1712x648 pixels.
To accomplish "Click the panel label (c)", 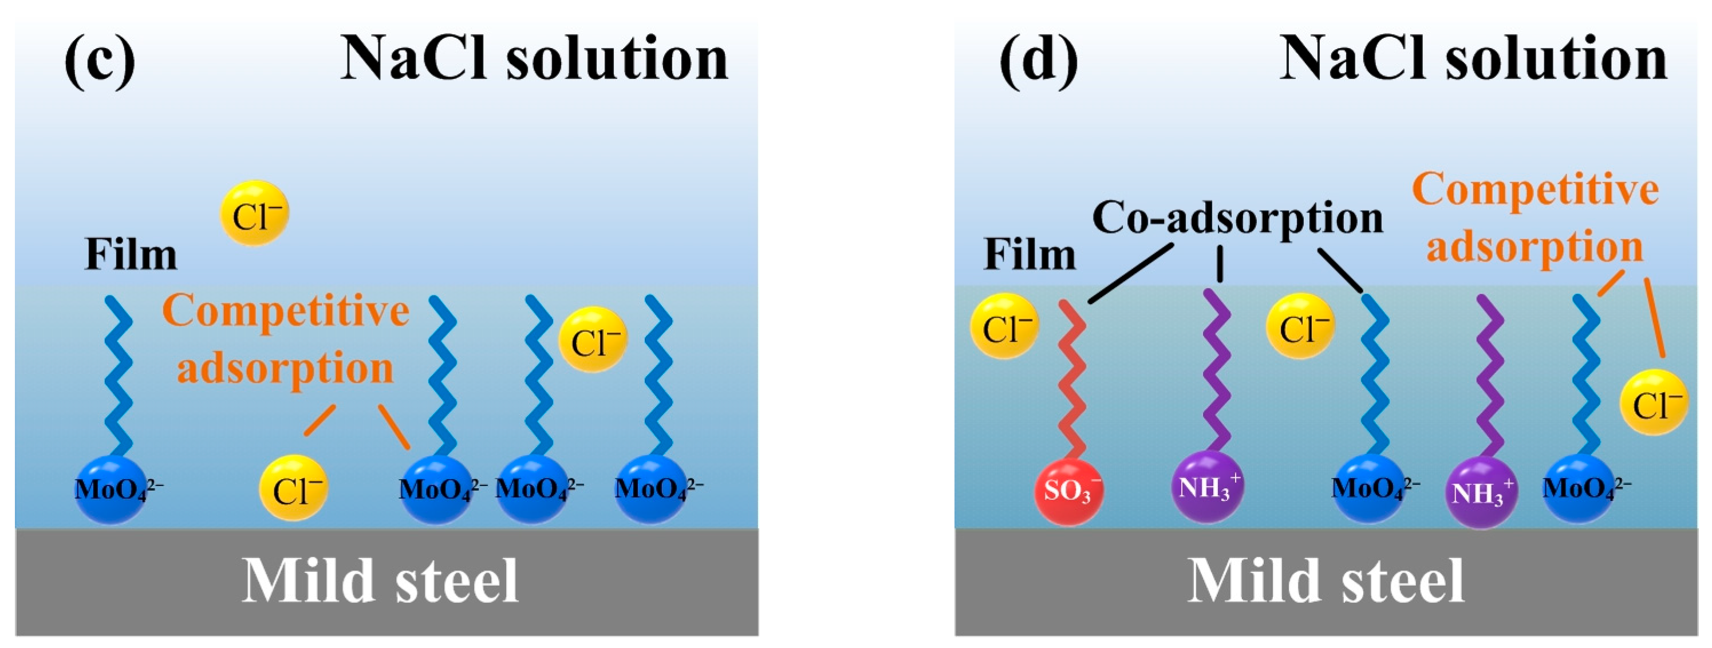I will (100, 61).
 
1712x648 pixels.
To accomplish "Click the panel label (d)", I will (1038, 61).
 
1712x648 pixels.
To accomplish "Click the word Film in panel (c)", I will (131, 255).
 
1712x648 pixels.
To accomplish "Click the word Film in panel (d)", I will (1029, 255).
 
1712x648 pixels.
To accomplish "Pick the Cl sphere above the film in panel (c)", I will (255, 214).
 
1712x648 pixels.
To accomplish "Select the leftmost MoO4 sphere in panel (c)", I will (111, 490).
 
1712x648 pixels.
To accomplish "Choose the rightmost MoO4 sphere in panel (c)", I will (650, 490).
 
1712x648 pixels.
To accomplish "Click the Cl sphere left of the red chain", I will (1004, 326).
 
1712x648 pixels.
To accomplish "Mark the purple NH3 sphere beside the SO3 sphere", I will (1206, 487).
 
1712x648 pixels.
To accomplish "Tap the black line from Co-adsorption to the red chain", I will (1131, 274).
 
